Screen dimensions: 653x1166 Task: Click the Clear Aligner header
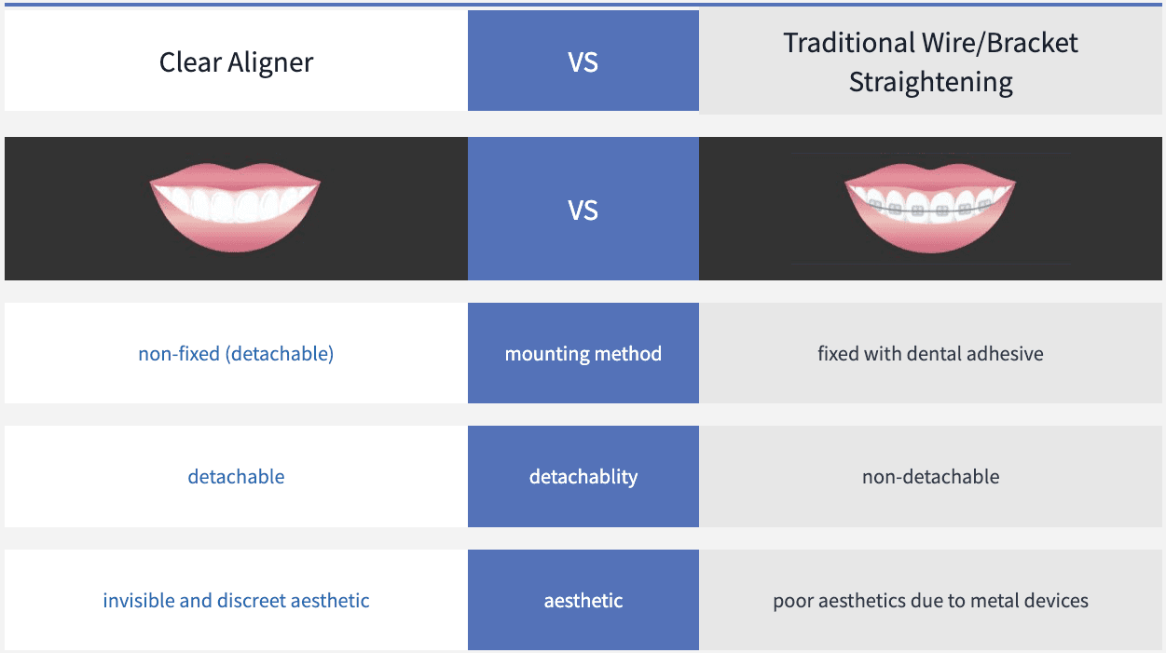coord(236,62)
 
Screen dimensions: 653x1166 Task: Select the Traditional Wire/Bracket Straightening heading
coord(930,62)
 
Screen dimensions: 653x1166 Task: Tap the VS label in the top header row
coord(583,62)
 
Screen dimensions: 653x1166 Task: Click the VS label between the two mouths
coord(583,211)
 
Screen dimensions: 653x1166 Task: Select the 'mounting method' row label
coord(583,354)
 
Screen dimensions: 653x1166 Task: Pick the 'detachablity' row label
coord(583,477)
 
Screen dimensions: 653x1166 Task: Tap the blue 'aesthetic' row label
coord(583,601)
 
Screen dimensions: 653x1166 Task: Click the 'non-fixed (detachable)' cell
coord(236,354)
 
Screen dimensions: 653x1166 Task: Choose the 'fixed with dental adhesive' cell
coord(930,354)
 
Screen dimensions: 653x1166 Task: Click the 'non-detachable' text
coord(930,477)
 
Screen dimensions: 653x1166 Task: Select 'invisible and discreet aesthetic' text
coord(236,601)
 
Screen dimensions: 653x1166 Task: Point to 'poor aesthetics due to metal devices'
coord(930,601)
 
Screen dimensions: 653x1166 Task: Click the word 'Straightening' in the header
coord(930,82)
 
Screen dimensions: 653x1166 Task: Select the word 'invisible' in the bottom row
coord(138,601)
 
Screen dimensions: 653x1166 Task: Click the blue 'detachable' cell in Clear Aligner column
coord(236,477)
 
